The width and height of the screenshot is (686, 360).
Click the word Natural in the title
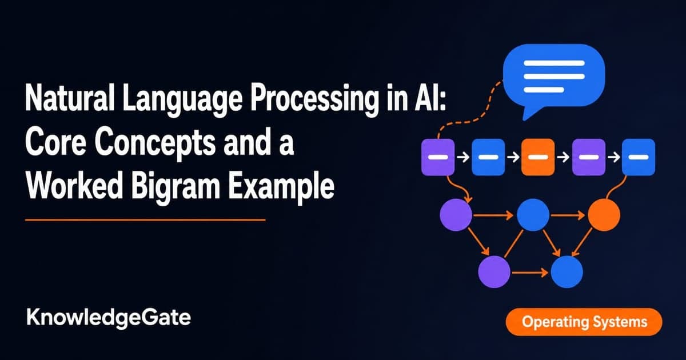pyautogui.click(x=70, y=99)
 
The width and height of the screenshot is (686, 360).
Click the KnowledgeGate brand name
pyautogui.click(x=109, y=318)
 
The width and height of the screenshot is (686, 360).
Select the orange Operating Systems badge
pyautogui.click(x=584, y=322)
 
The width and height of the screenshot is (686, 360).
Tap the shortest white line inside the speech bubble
pyautogui.click(x=544, y=90)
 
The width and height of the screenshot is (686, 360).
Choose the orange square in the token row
pyautogui.click(x=538, y=157)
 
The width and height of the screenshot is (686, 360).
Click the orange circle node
pyautogui.click(x=604, y=215)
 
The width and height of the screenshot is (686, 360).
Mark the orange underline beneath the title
pyautogui.click(x=145, y=220)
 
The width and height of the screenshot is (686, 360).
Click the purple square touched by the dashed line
pyautogui.click(x=438, y=157)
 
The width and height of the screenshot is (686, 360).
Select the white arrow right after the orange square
pyautogui.click(x=564, y=157)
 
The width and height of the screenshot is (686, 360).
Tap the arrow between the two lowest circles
pyautogui.click(x=530, y=272)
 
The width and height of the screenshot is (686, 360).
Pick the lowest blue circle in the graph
pyautogui.click(x=567, y=272)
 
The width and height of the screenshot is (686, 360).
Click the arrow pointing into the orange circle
pyautogui.click(x=568, y=215)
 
